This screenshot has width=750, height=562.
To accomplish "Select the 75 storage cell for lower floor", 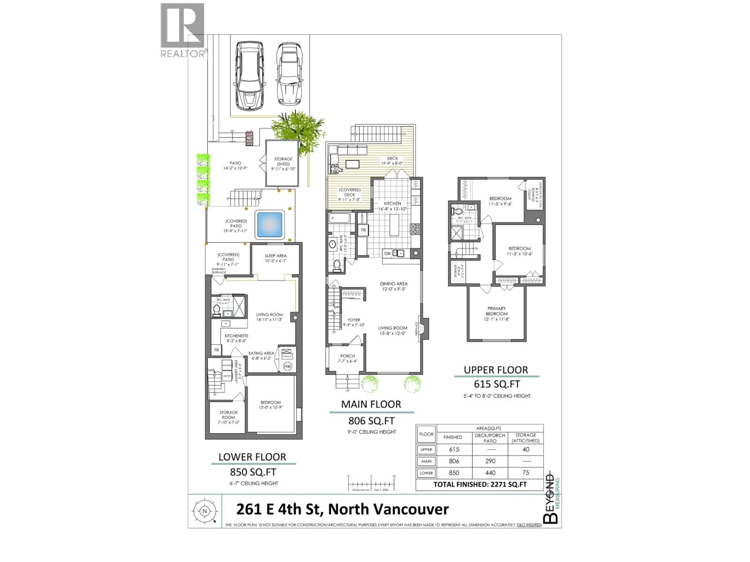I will click(526, 473).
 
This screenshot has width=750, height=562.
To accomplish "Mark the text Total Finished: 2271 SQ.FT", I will click(480, 484).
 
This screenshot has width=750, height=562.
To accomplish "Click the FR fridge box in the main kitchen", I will click(363, 230).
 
